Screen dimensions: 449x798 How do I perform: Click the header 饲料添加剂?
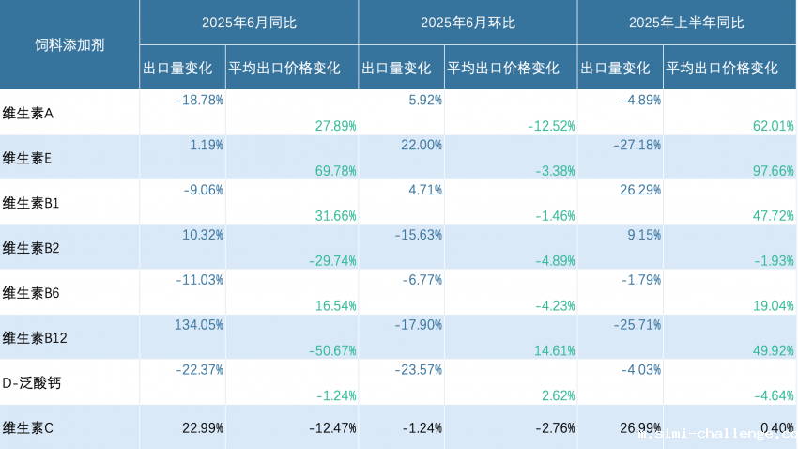[x=69, y=45]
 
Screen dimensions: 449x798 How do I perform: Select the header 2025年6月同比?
[x=248, y=23]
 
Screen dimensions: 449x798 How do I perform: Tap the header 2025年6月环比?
[x=467, y=23]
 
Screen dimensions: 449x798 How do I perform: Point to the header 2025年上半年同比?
[x=686, y=23]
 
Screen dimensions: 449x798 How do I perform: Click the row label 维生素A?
[x=28, y=113]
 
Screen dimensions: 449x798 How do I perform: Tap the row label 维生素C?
[x=28, y=428]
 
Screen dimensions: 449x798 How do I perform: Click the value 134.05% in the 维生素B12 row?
[x=199, y=325]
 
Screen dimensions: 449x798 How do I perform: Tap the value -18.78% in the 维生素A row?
[x=199, y=100]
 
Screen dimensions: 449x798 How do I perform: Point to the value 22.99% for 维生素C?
[x=202, y=428]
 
